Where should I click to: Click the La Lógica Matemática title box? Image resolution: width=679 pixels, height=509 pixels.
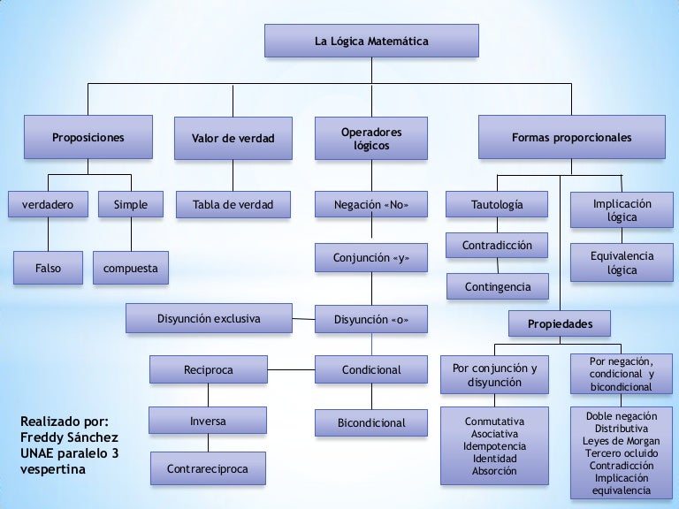pyautogui.click(x=371, y=42)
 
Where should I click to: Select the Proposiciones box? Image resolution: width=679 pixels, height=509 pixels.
pyautogui.click(x=88, y=138)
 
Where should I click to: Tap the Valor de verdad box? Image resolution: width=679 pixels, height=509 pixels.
pyautogui.click(x=233, y=139)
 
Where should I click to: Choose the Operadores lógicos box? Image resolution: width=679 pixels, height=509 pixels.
pyautogui.click(x=370, y=139)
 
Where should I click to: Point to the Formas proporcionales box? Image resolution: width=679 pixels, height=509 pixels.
pyautogui.click(x=571, y=138)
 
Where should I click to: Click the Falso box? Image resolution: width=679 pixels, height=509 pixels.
pyautogui.click(x=48, y=269)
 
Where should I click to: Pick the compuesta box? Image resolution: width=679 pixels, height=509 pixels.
pyautogui.click(x=130, y=269)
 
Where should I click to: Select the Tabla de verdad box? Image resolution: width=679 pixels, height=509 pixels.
pyautogui.click(x=233, y=205)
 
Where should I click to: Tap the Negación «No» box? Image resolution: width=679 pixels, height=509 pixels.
pyautogui.click(x=370, y=205)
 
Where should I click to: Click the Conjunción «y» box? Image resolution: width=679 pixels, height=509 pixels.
pyautogui.click(x=370, y=258)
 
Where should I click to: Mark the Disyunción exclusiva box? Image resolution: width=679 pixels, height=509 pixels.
pyautogui.click(x=209, y=319)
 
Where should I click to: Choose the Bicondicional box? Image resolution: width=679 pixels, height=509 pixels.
pyautogui.click(x=371, y=423)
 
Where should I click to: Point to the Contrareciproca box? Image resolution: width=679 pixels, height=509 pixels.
pyautogui.click(x=207, y=469)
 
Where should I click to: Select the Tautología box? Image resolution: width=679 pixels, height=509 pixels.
pyautogui.click(x=496, y=205)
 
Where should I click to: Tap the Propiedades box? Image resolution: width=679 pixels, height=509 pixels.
pyautogui.click(x=560, y=324)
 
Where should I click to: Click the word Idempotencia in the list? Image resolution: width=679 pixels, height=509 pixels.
pyautogui.click(x=494, y=446)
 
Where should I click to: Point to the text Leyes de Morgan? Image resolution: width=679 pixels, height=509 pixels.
pyautogui.click(x=621, y=441)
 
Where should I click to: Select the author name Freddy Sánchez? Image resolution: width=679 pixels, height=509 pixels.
pyautogui.click(x=68, y=437)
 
